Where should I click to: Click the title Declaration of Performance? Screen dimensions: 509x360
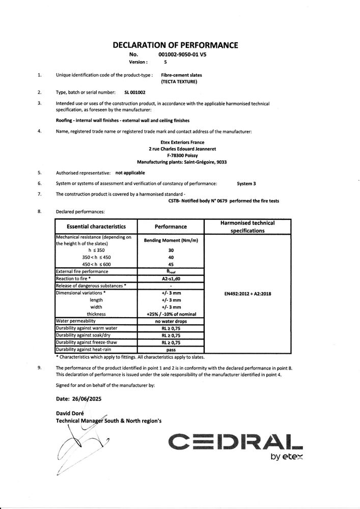tap(175, 45)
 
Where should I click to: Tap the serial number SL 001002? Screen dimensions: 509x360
tap(135, 93)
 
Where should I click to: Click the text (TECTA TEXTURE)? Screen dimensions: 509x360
tap(179, 81)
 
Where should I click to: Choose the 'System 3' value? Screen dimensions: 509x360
tap(248, 182)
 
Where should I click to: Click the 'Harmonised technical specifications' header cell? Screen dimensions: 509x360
tap(247, 227)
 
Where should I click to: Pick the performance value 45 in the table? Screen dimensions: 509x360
tap(171, 264)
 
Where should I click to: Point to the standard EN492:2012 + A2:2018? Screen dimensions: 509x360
tap(247, 293)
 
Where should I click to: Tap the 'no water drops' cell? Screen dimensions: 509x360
tap(171, 321)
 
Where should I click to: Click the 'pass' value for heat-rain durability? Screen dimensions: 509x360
tap(171, 350)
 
